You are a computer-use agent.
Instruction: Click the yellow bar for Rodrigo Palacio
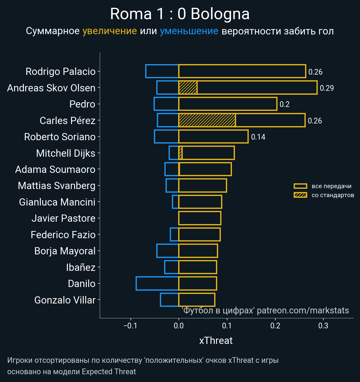click(x=242, y=71)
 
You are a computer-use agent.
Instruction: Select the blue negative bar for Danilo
click(x=157, y=283)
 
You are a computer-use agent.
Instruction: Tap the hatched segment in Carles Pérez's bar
click(x=207, y=120)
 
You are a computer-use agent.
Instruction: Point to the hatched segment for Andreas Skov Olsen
click(x=188, y=88)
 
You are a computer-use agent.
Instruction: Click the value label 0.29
click(x=327, y=88)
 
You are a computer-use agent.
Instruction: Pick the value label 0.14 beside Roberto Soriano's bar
click(x=258, y=137)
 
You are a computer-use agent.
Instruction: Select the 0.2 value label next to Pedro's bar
click(x=284, y=104)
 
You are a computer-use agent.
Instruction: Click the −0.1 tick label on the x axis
click(x=130, y=326)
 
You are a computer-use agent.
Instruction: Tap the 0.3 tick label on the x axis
click(x=323, y=326)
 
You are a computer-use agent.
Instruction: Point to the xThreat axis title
click(x=216, y=341)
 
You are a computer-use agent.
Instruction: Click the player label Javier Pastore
click(x=63, y=218)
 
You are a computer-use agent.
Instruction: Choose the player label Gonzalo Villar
click(x=65, y=300)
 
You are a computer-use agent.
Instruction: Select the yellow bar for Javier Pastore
click(x=199, y=218)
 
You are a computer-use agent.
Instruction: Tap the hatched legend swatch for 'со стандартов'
click(x=300, y=195)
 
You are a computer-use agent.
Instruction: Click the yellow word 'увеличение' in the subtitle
click(x=109, y=31)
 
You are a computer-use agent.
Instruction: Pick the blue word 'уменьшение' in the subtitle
click(x=189, y=31)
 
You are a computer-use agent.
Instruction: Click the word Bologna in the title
click(x=220, y=14)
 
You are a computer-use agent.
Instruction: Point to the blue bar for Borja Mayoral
click(x=167, y=251)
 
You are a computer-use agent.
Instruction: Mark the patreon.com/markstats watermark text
click(x=303, y=310)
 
